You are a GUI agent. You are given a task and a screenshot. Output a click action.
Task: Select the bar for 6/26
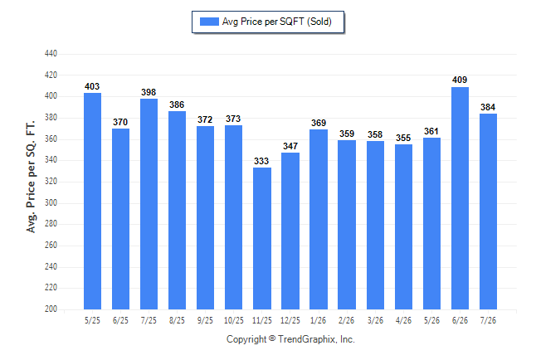(x=460, y=198)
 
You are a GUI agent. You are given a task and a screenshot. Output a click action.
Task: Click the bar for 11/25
(x=262, y=238)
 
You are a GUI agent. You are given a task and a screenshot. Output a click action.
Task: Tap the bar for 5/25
(x=92, y=201)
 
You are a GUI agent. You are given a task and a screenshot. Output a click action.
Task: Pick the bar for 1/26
(x=319, y=219)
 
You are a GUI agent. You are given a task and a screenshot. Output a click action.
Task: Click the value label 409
(x=460, y=80)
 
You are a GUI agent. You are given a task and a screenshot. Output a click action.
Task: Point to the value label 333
(x=261, y=161)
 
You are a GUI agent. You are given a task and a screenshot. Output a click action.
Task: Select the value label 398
(x=149, y=92)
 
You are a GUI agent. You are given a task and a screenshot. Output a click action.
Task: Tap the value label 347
(x=290, y=146)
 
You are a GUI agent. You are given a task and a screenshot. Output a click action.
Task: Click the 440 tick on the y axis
(x=51, y=54)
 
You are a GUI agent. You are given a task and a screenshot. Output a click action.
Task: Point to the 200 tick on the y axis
(x=51, y=309)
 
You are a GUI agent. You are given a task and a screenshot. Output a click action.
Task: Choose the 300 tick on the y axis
(x=51, y=202)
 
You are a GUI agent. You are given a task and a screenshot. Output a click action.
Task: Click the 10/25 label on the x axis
(x=234, y=320)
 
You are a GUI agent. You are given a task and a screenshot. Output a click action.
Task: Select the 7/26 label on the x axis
(x=488, y=320)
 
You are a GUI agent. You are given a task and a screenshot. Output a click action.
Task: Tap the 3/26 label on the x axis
(x=375, y=320)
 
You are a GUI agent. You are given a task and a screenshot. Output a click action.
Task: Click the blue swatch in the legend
(x=209, y=22)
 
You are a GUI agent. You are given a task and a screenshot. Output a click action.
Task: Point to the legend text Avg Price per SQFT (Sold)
(x=277, y=22)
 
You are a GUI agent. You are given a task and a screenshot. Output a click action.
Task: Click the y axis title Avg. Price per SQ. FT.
(x=31, y=177)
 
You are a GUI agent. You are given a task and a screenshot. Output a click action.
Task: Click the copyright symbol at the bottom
(x=272, y=338)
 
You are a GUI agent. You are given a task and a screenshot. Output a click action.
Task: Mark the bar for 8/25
(x=177, y=210)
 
